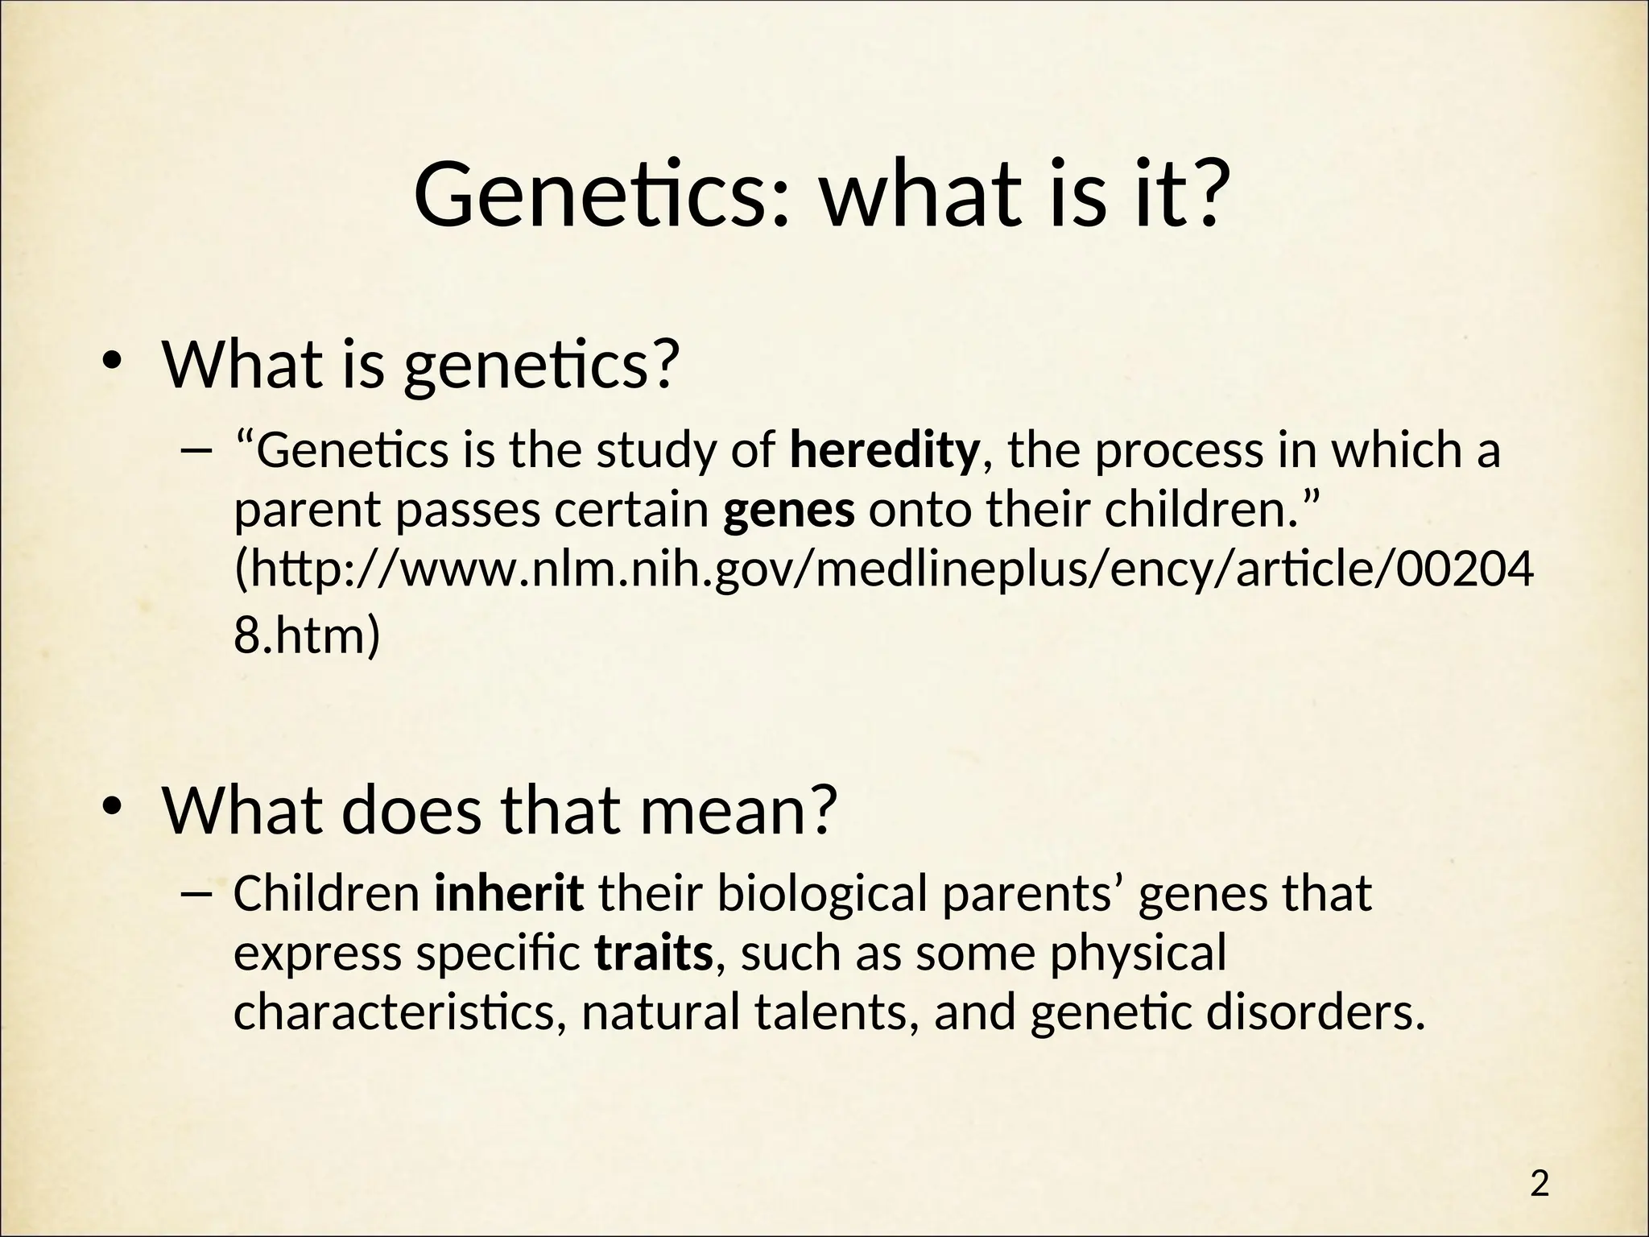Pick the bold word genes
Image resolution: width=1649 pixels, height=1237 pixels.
788,511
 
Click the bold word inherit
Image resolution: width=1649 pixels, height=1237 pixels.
509,893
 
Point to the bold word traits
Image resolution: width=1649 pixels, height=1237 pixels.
654,954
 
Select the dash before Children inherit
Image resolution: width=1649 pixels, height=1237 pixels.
196,893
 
